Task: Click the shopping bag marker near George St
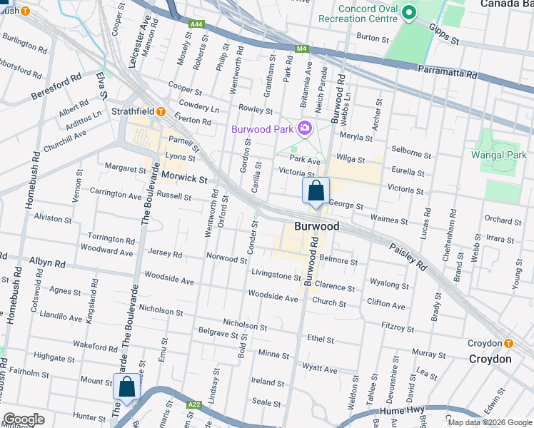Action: (316, 191)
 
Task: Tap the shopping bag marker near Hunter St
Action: (126, 387)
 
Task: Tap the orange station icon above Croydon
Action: (508, 343)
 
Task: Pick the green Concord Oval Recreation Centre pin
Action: (409, 12)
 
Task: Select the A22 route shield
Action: (193, 404)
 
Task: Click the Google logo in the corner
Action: (24, 419)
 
